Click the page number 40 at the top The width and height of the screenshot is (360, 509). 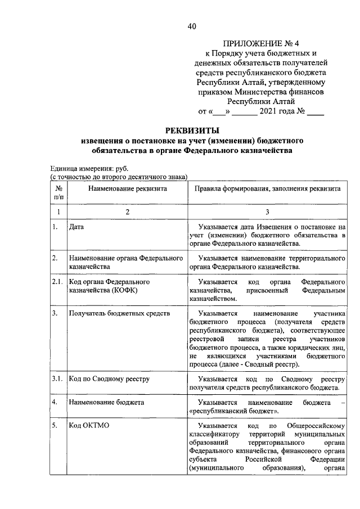192,26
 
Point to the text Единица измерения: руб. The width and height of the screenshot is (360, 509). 89,168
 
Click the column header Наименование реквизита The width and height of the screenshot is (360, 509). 127,189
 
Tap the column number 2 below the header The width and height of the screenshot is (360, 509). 127,211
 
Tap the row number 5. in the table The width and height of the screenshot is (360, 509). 56,426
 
